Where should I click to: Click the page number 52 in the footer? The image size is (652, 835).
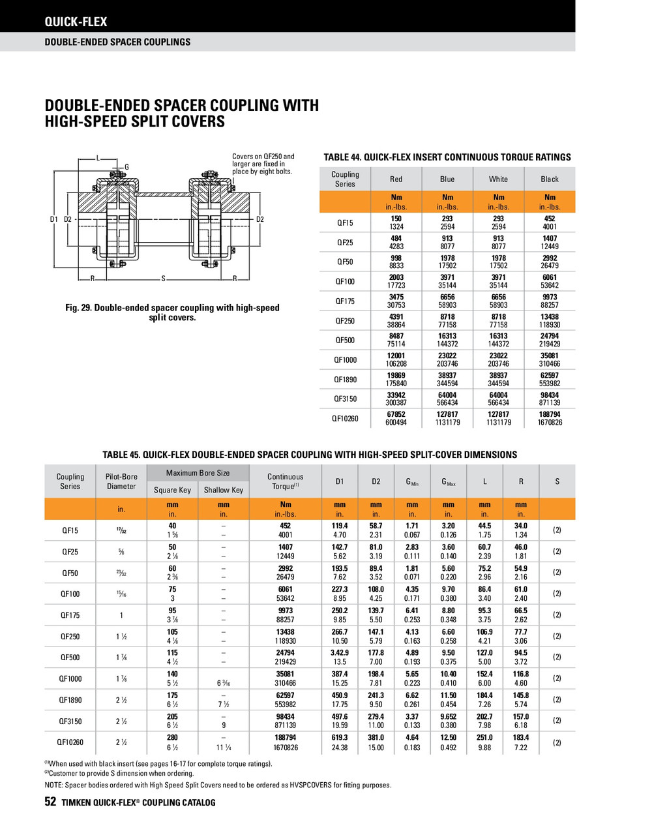pos(50,802)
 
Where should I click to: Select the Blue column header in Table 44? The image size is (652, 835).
pos(447,179)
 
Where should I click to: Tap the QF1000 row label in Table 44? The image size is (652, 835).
pos(345,359)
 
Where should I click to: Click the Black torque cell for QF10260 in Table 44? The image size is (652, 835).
pos(550,418)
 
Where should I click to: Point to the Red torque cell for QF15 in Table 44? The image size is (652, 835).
pos(396,222)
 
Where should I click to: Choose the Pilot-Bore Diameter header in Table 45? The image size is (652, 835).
pos(121,481)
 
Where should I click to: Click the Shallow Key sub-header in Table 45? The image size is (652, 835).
pos(224,490)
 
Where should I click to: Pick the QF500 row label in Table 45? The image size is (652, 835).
pos(70,658)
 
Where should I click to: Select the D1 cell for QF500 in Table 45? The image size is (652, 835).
pos(340,658)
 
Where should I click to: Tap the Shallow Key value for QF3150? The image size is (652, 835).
pos(224,725)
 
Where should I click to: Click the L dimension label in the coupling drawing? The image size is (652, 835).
pos(98,158)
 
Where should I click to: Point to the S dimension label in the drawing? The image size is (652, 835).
pos(163,279)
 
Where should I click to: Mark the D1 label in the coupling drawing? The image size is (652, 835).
pos(54,219)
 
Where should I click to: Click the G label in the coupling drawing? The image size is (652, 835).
pos(126,168)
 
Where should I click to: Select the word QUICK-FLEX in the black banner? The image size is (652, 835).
pos(76,22)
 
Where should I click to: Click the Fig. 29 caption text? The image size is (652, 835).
pos(172,312)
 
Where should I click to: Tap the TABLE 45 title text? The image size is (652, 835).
pos(310,455)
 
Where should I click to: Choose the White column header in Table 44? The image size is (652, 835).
pos(498,179)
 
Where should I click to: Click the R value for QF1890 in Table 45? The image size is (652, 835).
pos(521,700)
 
